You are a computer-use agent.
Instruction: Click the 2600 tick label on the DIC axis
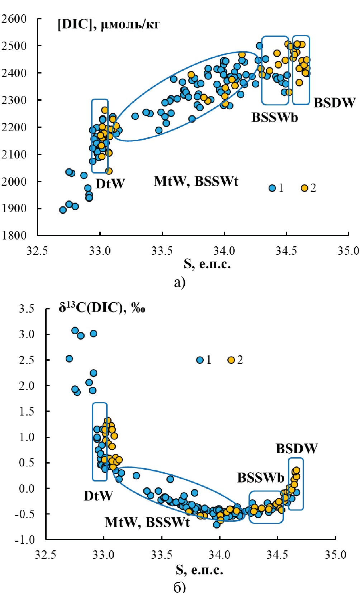(14, 19)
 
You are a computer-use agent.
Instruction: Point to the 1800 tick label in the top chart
(14, 236)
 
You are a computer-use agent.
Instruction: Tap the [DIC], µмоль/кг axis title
(109, 25)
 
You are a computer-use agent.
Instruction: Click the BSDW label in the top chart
(335, 103)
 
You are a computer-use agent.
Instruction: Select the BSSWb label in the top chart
(274, 118)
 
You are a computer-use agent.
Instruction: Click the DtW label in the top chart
(110, 184)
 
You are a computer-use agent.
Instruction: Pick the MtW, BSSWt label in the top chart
(196, 181)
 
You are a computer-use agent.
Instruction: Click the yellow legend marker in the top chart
(304, 188)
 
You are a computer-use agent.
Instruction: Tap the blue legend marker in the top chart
(272, 188)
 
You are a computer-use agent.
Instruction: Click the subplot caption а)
(180, 283)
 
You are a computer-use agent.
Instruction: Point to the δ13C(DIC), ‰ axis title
(102, 308)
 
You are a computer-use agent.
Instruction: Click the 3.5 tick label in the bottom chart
(27, 309)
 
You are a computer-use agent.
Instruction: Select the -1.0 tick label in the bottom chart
(25, 540)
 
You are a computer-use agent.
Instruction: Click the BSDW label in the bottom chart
(297, 449)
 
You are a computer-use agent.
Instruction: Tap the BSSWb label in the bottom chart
(261, 478)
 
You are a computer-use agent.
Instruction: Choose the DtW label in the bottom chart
(98, 496)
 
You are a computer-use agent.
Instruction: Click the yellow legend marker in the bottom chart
(231, 360)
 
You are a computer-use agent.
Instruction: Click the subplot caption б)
(180, 587)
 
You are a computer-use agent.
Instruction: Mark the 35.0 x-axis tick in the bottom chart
(336, 555)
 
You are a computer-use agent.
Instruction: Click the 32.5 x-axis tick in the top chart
(37, 251)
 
